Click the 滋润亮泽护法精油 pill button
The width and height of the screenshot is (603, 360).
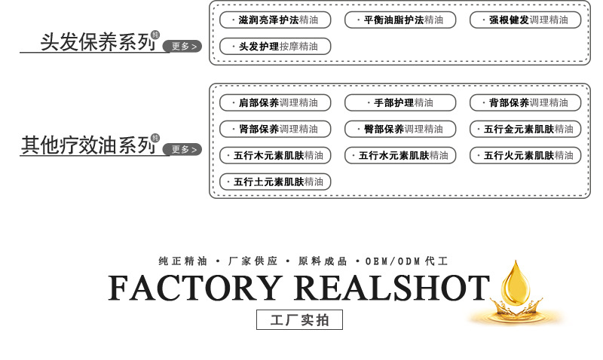tap(275, 20)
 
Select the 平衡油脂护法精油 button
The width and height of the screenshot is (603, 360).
tap(400, 20)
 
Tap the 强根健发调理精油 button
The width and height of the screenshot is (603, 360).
tap(525, 20)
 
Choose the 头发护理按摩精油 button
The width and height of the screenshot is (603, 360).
tap(275, 47)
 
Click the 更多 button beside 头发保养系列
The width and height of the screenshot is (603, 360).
tap(182, 46)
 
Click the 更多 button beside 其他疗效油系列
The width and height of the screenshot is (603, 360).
tap(182, 149)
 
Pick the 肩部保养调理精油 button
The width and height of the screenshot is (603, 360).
tap(275, 103)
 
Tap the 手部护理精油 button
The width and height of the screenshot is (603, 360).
tap(400, 103)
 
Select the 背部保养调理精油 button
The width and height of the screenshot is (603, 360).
tap(525, 103)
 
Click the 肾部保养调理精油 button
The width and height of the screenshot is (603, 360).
tap(275, 129)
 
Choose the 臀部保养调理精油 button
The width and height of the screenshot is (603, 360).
tap(400, 129)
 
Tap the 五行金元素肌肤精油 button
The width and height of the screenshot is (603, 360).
tap(525, 129)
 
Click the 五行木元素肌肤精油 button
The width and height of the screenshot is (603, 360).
tap(275, 156)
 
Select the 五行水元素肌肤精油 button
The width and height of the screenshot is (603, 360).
tap(400, 156)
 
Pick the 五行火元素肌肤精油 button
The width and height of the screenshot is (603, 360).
tap(525, 156)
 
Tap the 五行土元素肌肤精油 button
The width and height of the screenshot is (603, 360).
tap(275, 182)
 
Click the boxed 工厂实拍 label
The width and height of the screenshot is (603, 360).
tap(299, 319)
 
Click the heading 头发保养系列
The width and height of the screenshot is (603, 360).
tap(98, 42)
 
